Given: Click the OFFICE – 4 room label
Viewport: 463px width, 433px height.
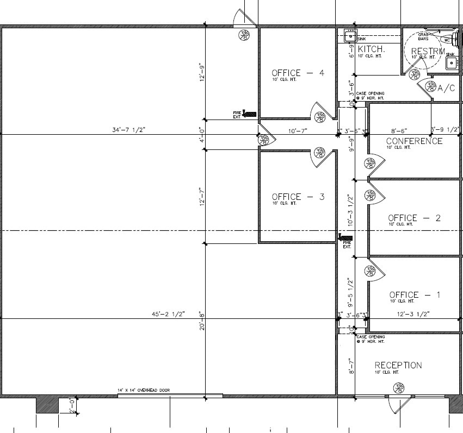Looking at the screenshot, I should click(298, 73).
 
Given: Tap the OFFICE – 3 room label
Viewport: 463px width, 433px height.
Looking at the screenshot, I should click(298, 197).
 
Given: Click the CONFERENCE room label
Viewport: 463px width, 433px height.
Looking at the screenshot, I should click(414, 141).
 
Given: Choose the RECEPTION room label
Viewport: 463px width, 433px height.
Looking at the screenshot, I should click(398, 365).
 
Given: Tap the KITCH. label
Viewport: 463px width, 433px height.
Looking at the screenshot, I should click(372, 49).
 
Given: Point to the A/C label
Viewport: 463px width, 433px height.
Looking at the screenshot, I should click(446, 88).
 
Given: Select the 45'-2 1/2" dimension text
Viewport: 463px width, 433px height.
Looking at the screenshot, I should click(169, 314).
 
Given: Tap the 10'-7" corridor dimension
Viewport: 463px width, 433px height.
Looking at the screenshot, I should click(298, 130).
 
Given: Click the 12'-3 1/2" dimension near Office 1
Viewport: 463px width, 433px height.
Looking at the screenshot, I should click(413, 314).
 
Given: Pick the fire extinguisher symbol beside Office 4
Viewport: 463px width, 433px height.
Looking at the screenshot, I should click(250, 114).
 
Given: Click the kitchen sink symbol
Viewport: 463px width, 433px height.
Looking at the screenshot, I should click(350, 37).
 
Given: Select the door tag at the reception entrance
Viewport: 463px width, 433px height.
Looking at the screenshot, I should click(400, 388).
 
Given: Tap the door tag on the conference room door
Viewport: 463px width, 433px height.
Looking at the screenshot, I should click(371, 162).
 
